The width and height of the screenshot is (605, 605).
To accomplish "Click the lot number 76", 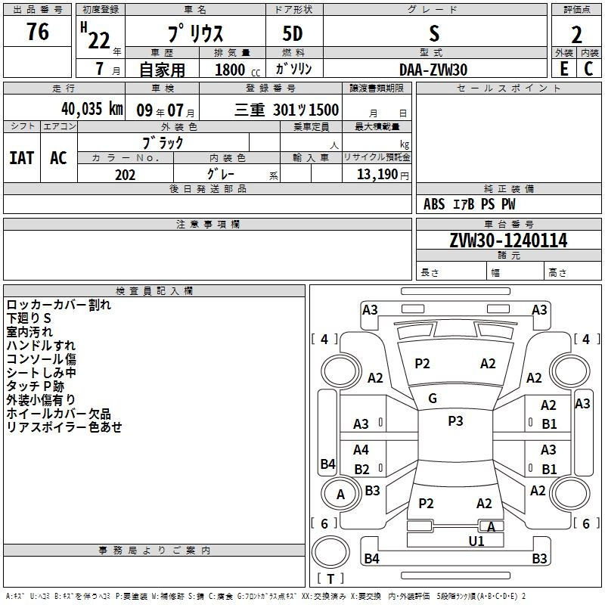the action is pyautogui.click(x=38, y=32).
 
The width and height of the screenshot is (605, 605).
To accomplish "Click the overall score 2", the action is pyautogui.click(x=576, y=35).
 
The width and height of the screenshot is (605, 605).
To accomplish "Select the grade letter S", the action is pyautogui.click(x=434, y=33).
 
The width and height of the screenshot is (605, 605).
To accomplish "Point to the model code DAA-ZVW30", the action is pyautogui.click(x=433, y=70).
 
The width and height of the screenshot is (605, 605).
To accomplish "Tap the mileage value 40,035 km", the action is pyautogui.click(x=92, y=109).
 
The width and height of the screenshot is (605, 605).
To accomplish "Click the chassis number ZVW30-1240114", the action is pyautogui.click(x=508, y=240).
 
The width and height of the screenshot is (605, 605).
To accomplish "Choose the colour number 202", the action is pyautogui.click(x=125, y=175).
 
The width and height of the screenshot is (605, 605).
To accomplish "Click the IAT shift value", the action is pyautogui.click(x=22, y=158).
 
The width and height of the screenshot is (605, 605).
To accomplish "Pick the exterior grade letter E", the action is pyautogui.click(x=563, y=69).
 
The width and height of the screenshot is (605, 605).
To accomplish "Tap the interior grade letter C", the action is pyautogui.click(x=588, y=69).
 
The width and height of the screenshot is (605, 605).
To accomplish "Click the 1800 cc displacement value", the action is pyautogui.click(x=237, y=70).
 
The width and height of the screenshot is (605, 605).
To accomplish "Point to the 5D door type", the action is pyautogui.click(x=293, y=33).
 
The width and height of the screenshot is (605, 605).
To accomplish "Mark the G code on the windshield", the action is pyautogui.click(x=433, y=399).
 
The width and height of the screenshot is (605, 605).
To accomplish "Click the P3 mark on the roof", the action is pyautogui.click(x=455, y=421).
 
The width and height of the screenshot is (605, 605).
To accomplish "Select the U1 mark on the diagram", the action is pyautogui.click(x=476, y=541).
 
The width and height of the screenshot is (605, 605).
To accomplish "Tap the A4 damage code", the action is pyautogui.click(x=361, y=449).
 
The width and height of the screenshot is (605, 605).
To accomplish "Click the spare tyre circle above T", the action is pyautogui.click(x=330, y=552).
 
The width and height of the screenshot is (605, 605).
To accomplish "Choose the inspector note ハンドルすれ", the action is pyautogui.click(x=41, y=346).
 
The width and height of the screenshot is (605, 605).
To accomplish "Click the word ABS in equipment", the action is pyautogui.click(x=434, y=204).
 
